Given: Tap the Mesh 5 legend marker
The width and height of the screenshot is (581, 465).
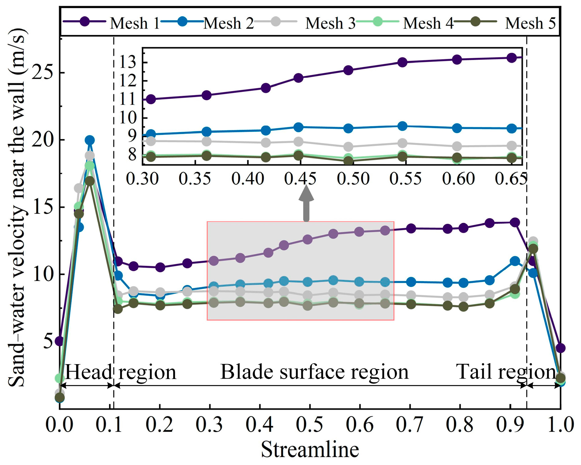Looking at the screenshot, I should (x=476, y=22).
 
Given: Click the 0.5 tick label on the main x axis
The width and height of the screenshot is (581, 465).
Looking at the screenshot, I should (x=309, y=425).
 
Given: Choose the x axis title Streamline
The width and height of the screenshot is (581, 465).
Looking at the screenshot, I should (x=310, y=449).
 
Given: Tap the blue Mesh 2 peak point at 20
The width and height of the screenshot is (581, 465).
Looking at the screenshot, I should (x=90, y=140).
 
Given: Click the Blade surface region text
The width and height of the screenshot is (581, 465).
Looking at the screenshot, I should (x=314, y=372).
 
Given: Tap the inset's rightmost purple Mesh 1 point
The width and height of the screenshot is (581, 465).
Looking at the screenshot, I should (x=512, y=58).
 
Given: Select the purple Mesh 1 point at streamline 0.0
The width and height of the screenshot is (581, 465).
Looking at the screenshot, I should (x=59, y=341).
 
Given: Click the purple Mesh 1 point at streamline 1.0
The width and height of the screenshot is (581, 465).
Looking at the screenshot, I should (x=560, y=348).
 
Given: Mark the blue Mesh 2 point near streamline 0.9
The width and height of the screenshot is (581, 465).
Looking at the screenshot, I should (x=515, y=261).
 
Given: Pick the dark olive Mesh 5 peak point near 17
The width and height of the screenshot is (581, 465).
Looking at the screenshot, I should (x=90, y=181).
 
